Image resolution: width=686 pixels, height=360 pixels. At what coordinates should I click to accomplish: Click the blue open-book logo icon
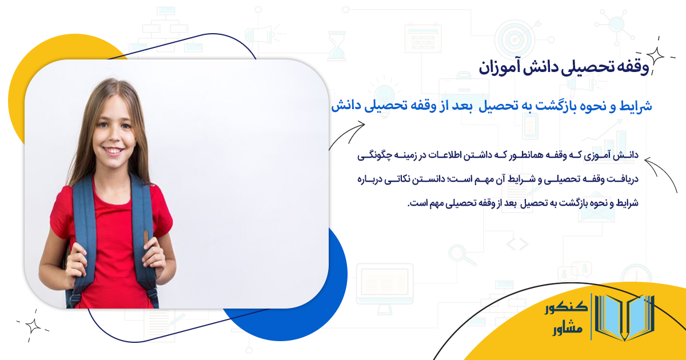point(624,318)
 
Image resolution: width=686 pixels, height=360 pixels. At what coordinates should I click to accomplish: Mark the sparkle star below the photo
point(33,326)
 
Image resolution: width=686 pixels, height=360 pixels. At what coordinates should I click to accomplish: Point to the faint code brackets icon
point(517,244)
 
